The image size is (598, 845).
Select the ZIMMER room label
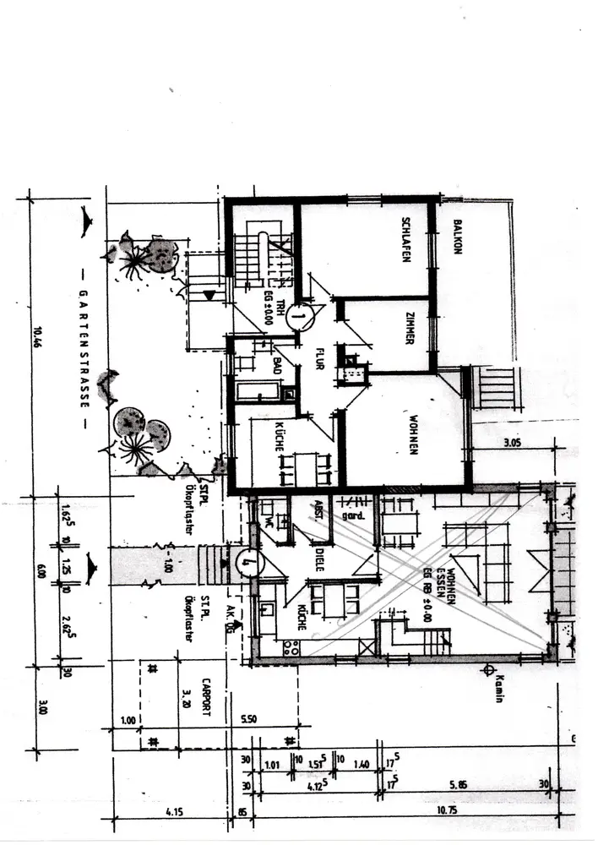(409, 328)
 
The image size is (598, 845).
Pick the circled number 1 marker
(298, 317)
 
